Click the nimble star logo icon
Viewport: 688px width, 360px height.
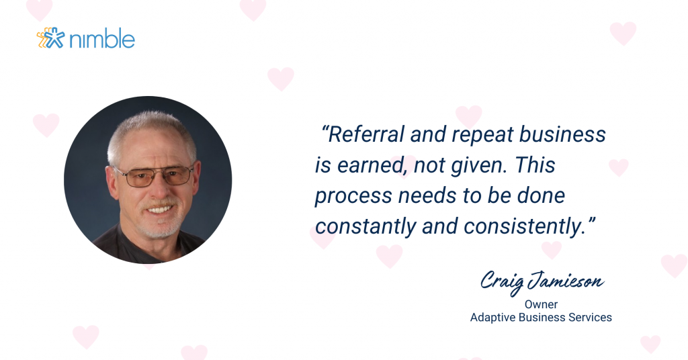pyautogui.click(x=51, y=38)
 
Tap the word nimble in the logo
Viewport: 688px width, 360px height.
pyautogui.click(x=102, y=38)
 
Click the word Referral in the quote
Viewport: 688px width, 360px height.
pyautogui.click(x=366, y=134)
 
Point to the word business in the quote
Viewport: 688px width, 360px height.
pyautogui.click(x=562, y=134)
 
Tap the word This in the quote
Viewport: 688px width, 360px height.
pyautogui.click(x=535, y=165)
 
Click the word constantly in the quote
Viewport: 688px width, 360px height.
pyautogui.click(x=365, y=227)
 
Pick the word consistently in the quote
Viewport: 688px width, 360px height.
pyautogui.click(x=525, y=227)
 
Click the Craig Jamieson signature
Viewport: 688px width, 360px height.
pyautogui.click(x=542, y=282)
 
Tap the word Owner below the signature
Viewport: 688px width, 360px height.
pyautogui.click(x=541, y=304)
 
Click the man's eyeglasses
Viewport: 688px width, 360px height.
pyautogui.click(x=155, y=176)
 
